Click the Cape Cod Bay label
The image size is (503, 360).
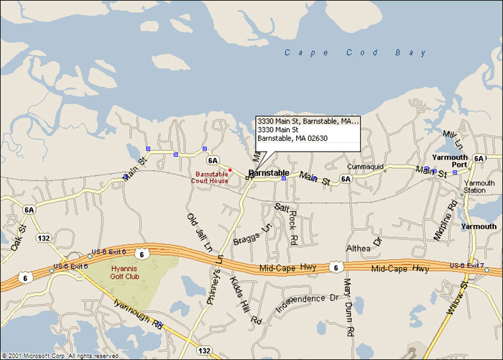click(355, 52)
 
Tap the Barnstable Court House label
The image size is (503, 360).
click(210, 177)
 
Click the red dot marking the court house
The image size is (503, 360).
click(230, 170)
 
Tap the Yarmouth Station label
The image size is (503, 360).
click(479, 187)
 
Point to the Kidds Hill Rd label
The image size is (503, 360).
click(244, 305)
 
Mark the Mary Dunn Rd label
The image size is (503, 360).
click(348, 307)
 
